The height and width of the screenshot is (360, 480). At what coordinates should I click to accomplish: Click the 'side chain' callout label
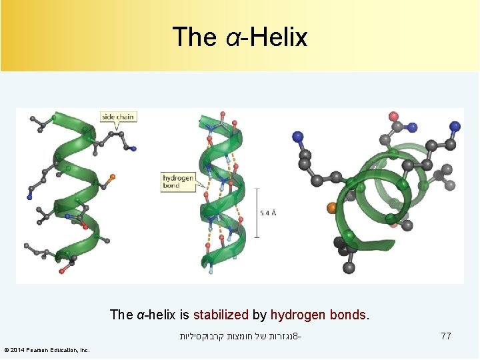click(118, 117)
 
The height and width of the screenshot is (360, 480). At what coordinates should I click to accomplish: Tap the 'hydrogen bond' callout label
click(179, 182)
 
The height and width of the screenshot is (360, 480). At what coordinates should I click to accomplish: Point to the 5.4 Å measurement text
click(269, 213)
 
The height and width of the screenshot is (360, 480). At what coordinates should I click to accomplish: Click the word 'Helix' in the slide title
click(279, 37)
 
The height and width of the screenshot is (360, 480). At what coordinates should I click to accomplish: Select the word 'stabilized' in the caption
click(220, 315)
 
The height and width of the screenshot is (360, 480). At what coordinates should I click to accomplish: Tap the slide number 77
click(446, 337)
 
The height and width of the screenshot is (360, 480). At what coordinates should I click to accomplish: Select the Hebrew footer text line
click(240, 337)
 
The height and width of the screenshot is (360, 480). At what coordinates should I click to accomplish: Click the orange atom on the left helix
click(112, 177)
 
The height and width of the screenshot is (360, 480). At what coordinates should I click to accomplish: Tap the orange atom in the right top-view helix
click(332, 208)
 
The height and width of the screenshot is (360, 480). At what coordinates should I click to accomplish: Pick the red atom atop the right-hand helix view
click(392, 115)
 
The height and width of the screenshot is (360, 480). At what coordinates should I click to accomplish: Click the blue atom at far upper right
click(455, 125)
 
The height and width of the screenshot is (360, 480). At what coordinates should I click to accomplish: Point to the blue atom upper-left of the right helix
click(298, 137)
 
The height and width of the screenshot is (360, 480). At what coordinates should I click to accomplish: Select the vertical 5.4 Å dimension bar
click(257, 213)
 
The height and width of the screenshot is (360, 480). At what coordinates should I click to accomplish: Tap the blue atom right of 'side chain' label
click(134, 149)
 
